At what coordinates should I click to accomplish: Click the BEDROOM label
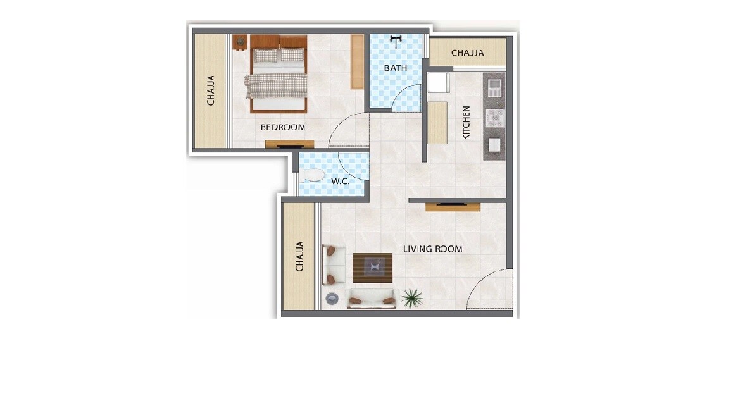coord(283,127)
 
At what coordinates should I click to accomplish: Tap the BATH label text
coord(395,68)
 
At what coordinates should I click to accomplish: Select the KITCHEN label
coord(466,122)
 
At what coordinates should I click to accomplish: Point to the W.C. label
coord(341,182)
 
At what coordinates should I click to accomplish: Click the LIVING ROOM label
coord(433,249)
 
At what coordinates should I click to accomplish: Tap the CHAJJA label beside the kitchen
coord(468,53)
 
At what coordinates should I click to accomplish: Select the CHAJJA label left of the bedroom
coord(211,90)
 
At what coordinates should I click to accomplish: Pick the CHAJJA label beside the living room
coord(300,256)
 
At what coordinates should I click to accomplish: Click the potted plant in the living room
coord(412,297)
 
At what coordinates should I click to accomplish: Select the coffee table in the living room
coord(372,267)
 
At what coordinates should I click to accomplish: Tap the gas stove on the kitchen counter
coord(495,118)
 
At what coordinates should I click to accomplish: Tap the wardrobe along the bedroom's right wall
coord(358,61)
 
